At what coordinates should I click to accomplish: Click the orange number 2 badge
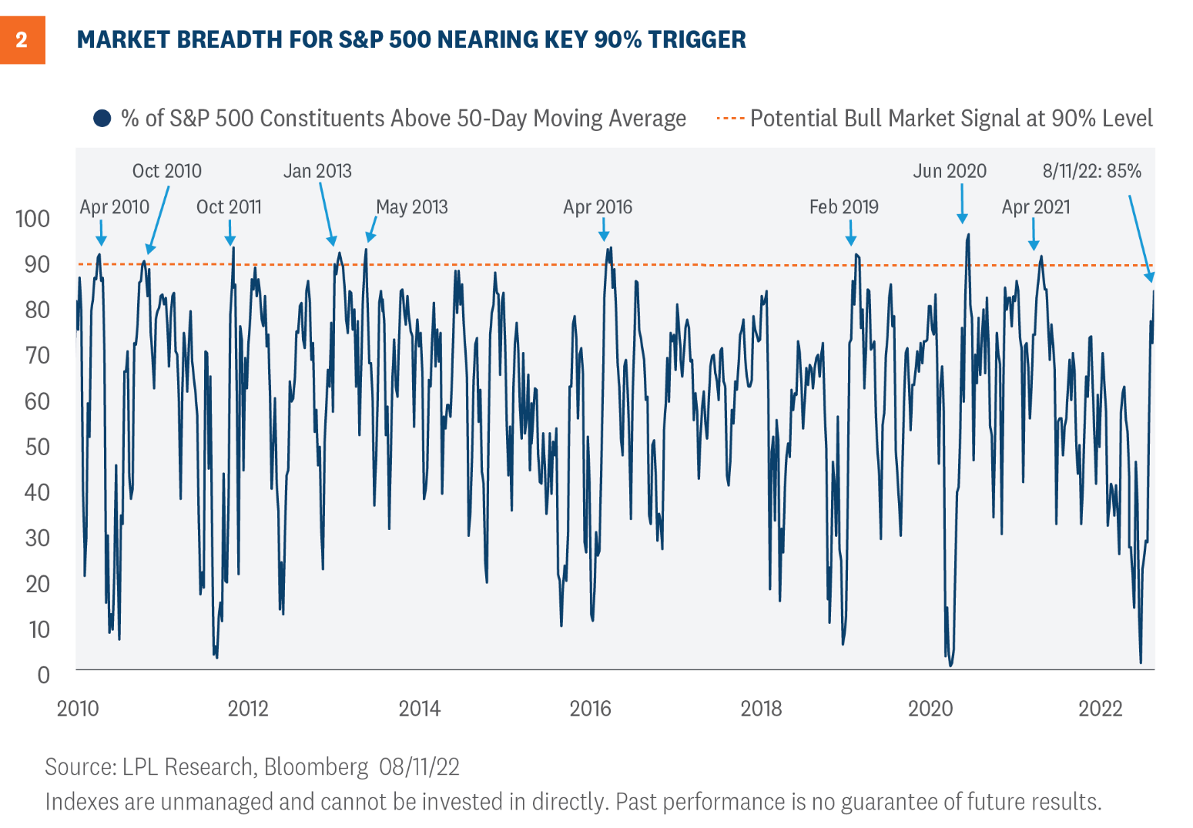pos(22,40)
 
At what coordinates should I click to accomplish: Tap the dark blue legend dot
pos(102,119)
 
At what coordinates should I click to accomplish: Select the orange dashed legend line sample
pos(729,119)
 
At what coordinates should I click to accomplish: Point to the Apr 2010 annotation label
pos(114,207)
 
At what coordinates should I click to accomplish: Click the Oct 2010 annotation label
pos(166,171)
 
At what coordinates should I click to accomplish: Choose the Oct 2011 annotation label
pos(229,207)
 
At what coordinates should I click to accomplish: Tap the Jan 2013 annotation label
pos(317,171)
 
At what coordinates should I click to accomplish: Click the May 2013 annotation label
pos(411,207)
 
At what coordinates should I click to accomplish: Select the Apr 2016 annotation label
pos(598,207)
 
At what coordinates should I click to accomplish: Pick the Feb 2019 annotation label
pos(843,207)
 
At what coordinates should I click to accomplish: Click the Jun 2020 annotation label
pos(950,171)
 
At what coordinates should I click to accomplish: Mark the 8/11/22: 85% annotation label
pos(1091,171)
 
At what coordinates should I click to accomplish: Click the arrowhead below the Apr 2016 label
pos(604,236)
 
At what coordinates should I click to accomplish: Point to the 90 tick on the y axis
pos(37,264)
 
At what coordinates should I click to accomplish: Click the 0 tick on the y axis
pos(44,675)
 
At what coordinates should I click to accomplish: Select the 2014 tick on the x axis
pos(419,709)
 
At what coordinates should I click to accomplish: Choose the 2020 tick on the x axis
pos(930,709)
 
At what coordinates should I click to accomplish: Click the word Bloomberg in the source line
pos(316,767)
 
